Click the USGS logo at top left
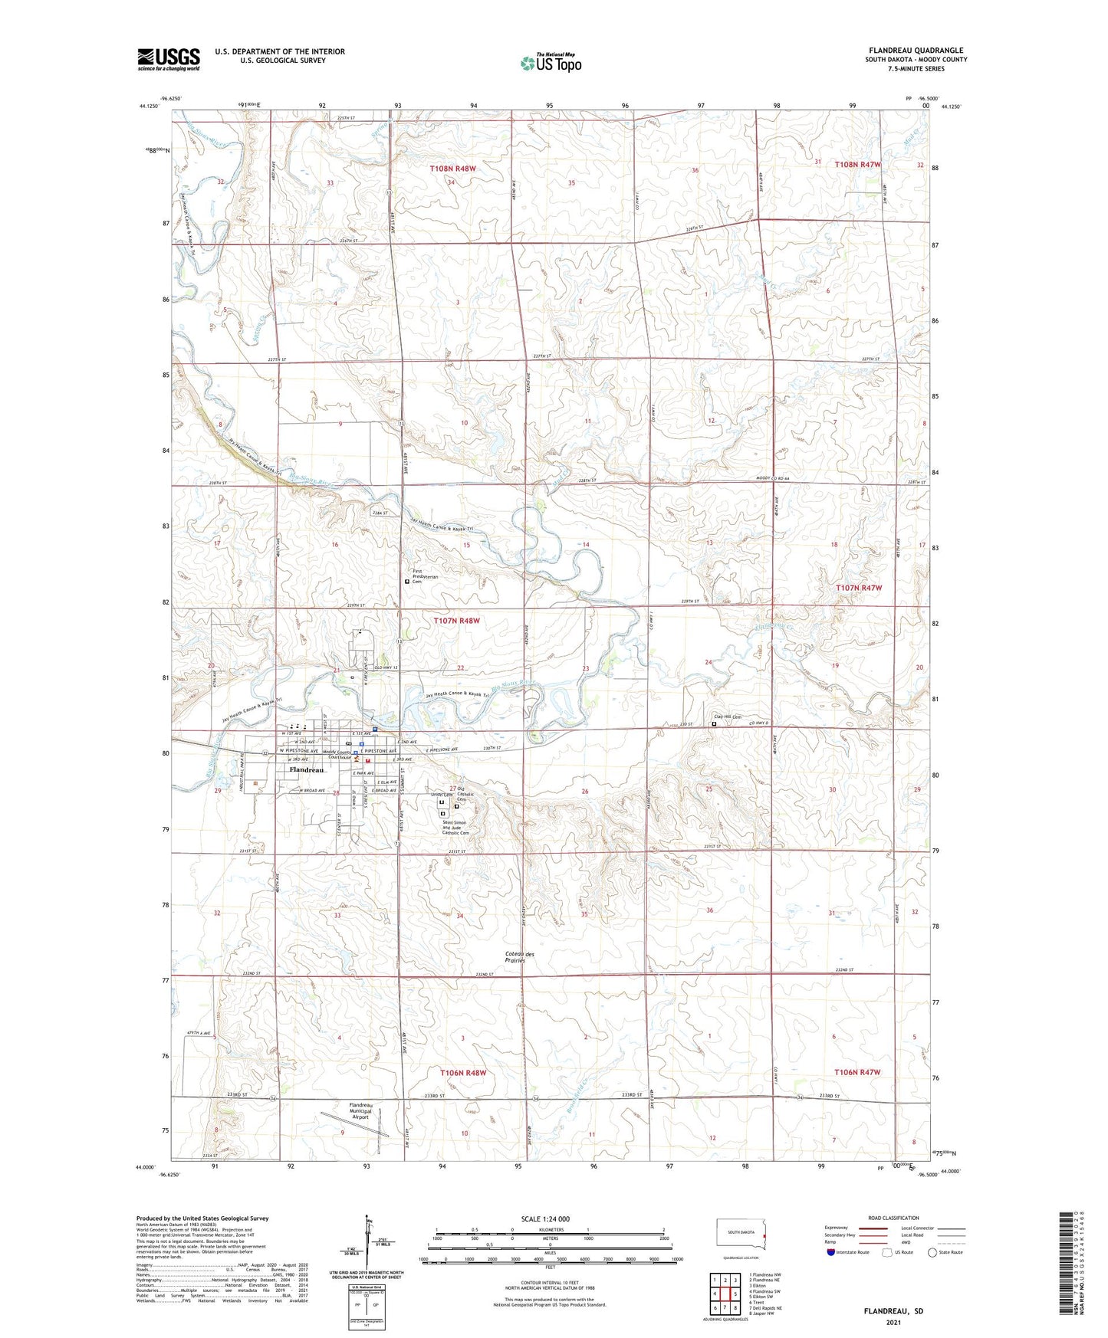pyautogui.click(x=168, y=59)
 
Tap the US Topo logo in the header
pyautogui.click(x=551, y=63)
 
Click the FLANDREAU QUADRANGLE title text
pyautogui.click(x=916, y=50)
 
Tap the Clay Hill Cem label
pyautogui.click(x=728, y=717)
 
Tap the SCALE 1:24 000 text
pyautogui.click(x=545, y=1219)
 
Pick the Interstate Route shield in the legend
pyautogui.click(x=832, y=1253)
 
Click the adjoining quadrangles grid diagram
pyautogui.click(x=725, y=1291)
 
